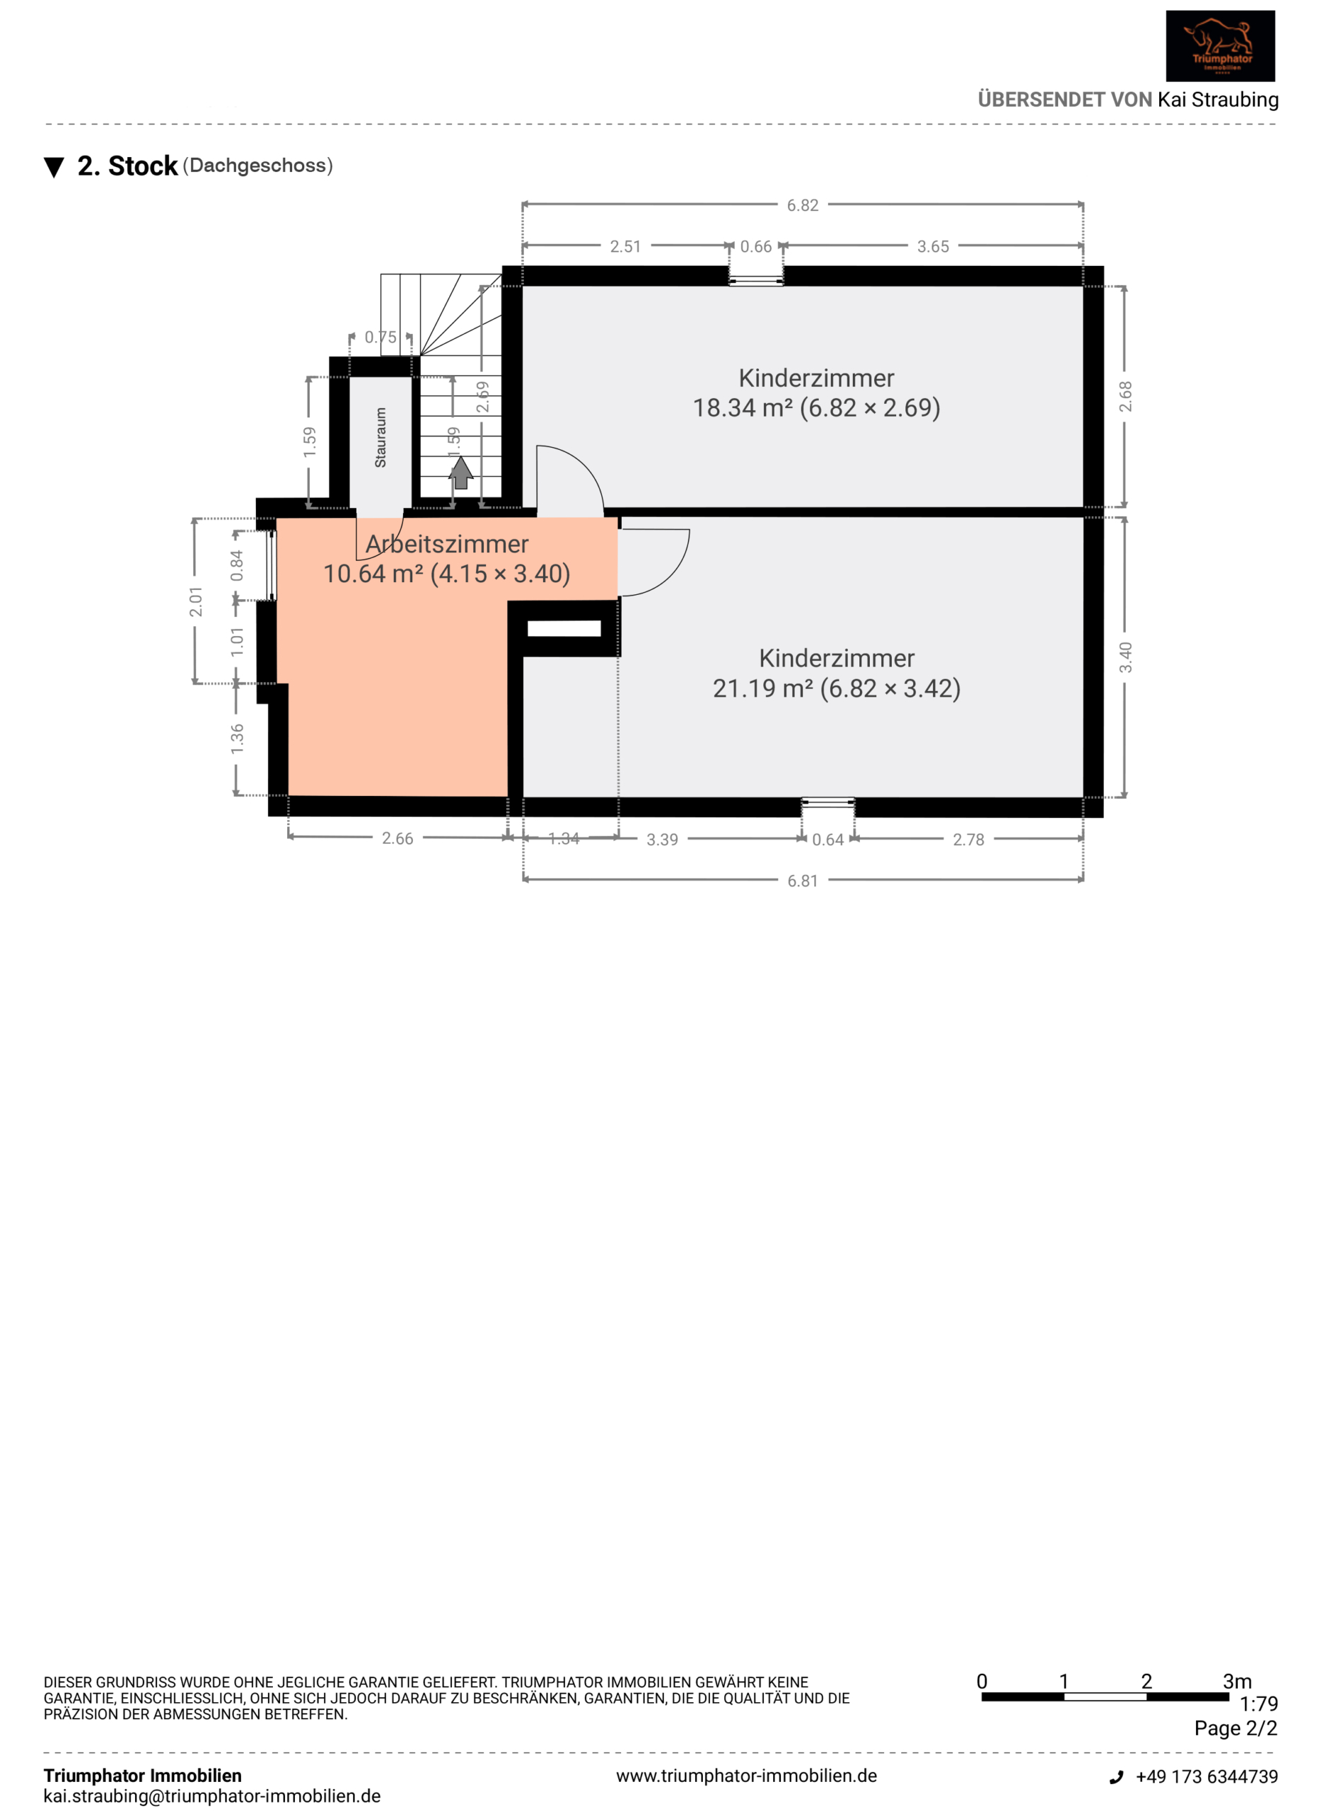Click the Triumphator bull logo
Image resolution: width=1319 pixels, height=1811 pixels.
click(1219, 45)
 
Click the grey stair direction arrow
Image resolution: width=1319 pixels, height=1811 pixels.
click(460, 472)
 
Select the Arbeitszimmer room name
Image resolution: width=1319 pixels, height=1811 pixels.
click(447, 544)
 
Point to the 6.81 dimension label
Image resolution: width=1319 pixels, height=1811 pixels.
click(803, 881)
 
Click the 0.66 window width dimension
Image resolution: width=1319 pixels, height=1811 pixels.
click(755, 247)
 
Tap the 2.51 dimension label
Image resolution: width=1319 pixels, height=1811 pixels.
click(625, 247)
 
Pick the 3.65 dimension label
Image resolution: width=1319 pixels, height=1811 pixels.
click(933, 247)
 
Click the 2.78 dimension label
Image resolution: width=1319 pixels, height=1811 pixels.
click(968, 839)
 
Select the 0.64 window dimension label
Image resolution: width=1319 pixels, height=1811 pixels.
click(827, 839)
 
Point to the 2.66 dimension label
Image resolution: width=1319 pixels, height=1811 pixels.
click(397, 838)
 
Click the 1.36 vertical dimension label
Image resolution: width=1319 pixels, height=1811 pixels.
click(237, 739)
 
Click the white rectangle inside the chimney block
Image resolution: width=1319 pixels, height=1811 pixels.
click(564, 628)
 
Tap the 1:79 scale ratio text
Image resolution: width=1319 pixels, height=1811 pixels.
click(1258, 1704)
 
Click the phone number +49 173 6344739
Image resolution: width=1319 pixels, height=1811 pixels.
click(1207, 1776)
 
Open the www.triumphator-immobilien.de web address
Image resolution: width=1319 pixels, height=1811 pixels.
click(747, 1776)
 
